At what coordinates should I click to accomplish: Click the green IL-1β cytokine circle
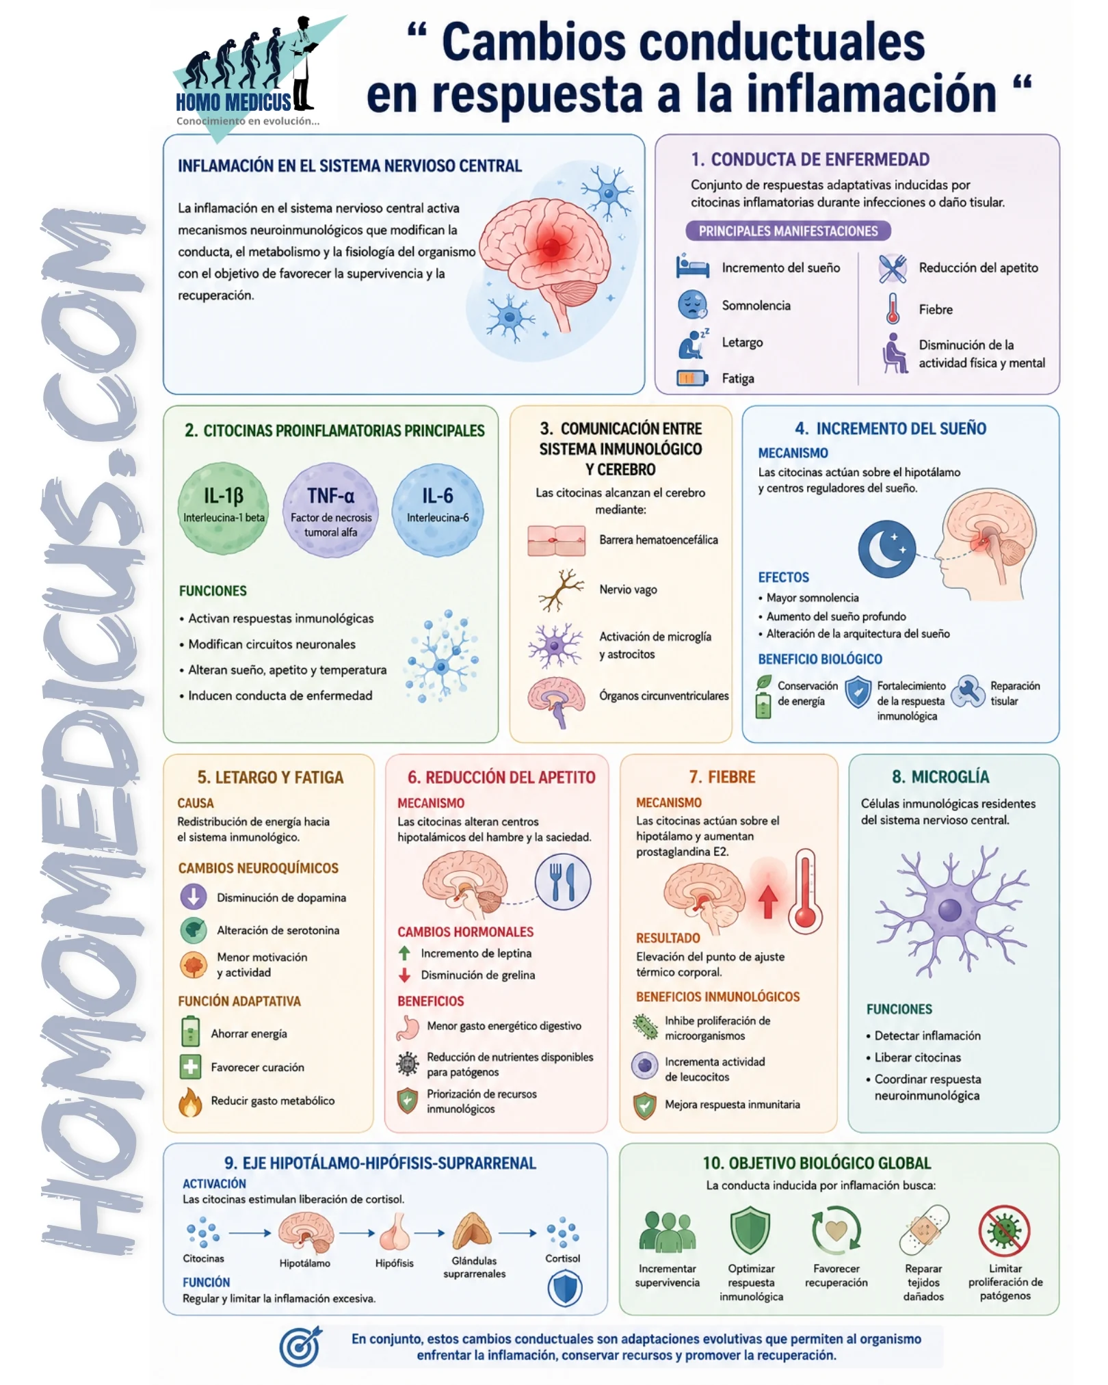coord(223,508)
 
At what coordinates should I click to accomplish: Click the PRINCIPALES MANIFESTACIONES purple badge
coord(788,231)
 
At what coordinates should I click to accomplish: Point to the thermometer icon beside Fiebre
coord(893,308)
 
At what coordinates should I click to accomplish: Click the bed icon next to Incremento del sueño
coord(692,266)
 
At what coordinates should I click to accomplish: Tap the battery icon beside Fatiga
coord(692,378)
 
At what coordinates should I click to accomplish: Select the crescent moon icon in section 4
coord(887,549)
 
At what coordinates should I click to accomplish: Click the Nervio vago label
coord(628,590)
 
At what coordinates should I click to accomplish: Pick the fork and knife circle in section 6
coord(562,882)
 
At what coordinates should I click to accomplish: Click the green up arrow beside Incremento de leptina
coord(404,953)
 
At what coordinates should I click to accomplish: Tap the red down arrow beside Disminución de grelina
coord(404,975)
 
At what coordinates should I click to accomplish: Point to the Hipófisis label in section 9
coord(394,1263)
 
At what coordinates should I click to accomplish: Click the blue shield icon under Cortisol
coord(564,1289)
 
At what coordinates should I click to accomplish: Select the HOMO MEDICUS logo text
coord(233,103)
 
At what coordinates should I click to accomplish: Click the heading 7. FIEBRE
coord(722,777)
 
